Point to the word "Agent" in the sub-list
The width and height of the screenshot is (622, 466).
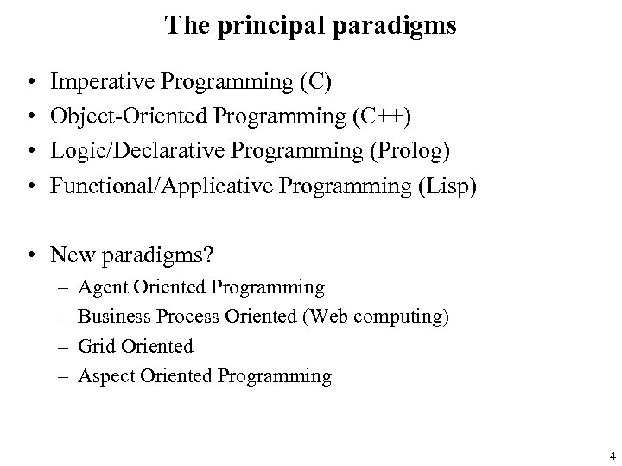(x=101, y=287)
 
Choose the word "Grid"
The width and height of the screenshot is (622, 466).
(x=96, y=346)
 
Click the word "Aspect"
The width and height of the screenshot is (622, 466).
(x=104, y=376)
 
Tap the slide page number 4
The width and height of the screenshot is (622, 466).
(x=612, y=455)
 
